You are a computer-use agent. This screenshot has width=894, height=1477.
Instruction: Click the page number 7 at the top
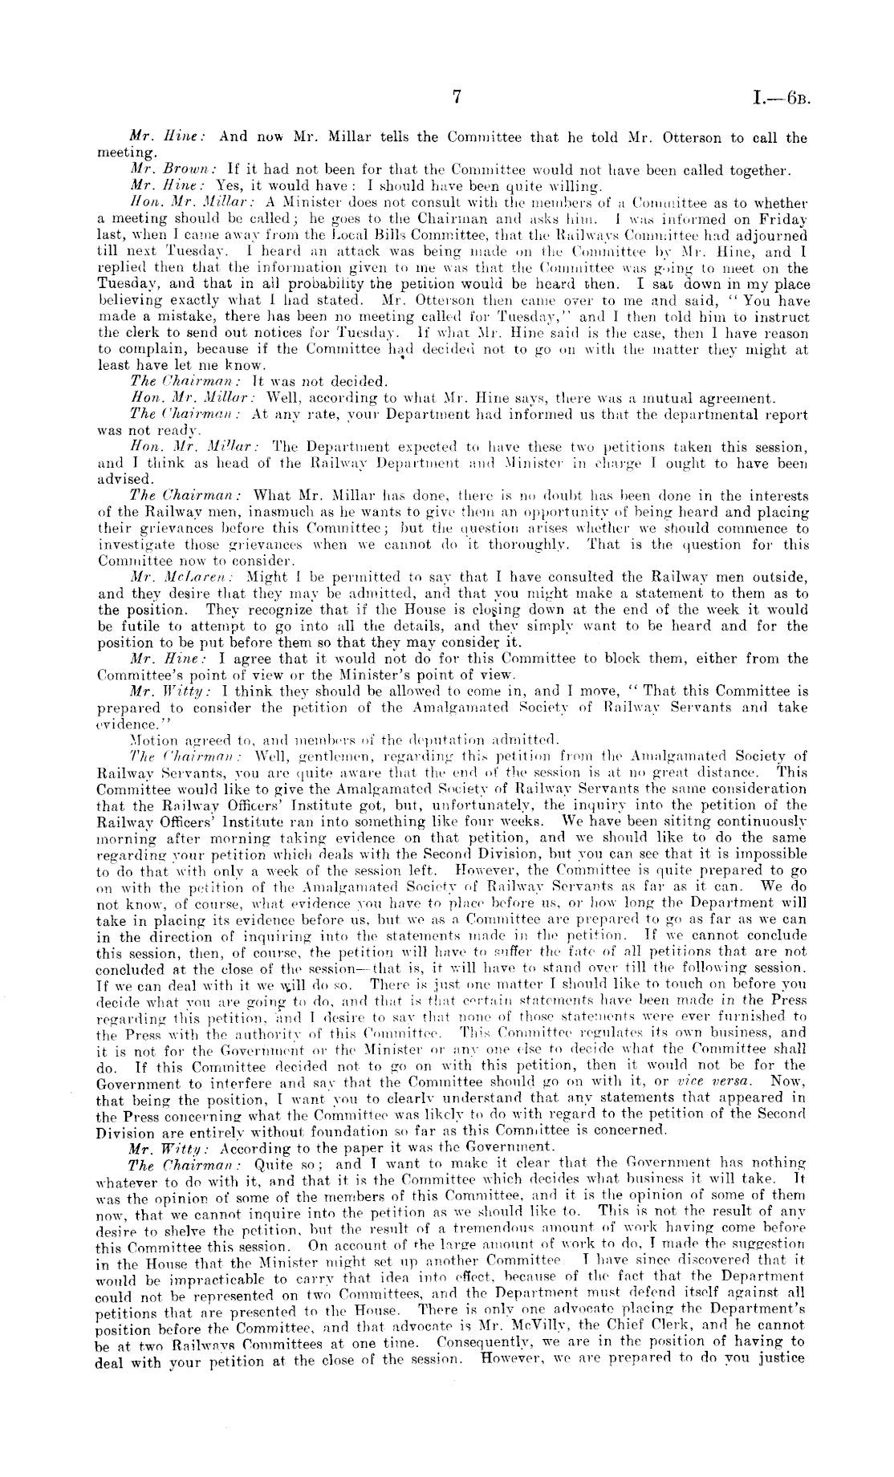pos(457,98)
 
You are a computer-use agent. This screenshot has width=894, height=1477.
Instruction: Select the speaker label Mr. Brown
pos(156,169)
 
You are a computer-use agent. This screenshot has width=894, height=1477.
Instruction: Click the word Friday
pos(782,218)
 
